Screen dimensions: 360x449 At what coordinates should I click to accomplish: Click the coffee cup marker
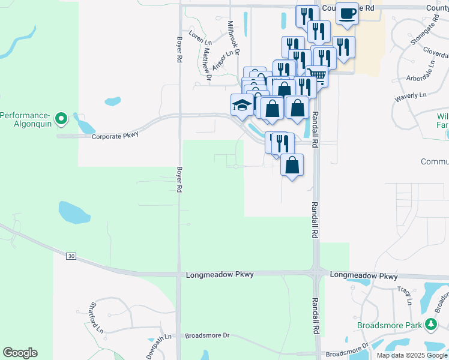tap(346, 13)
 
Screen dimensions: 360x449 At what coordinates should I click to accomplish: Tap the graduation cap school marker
tap(242, 105)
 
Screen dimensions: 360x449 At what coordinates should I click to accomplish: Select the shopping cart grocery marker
tap(318, 76)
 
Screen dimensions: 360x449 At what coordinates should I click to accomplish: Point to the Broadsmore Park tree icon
tap(430, 325)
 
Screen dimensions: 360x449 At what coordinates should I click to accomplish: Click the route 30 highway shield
tap(71, 256)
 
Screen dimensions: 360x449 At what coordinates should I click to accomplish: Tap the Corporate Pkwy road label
tap(115, 136)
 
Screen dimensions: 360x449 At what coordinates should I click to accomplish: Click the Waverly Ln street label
tap(410, 95)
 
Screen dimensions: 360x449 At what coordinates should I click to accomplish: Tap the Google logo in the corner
tap(20, 353)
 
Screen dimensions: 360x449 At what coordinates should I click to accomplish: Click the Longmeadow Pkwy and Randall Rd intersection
tap(316, 274)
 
